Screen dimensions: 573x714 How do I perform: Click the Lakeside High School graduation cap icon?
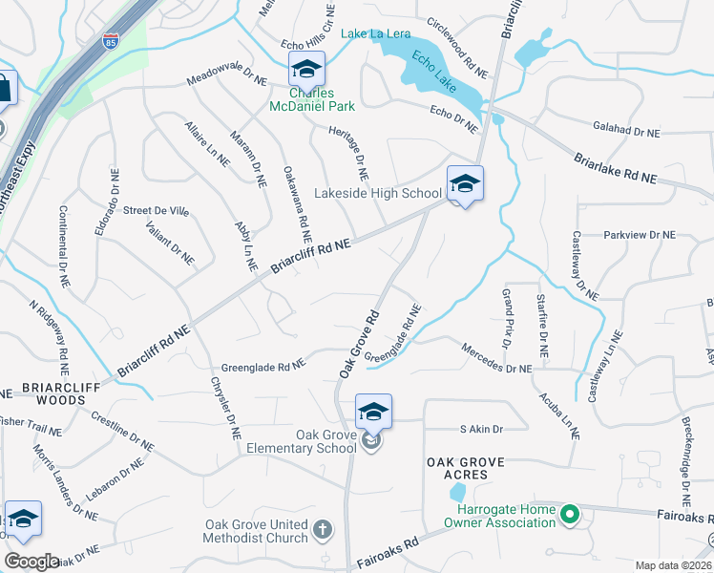[x=465, y=183]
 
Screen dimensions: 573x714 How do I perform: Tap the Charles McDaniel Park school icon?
[x=306, y=69]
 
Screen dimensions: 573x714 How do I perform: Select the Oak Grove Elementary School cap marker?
[x=372, y=413]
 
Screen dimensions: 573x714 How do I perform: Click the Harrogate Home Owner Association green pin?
[x=571, y=516]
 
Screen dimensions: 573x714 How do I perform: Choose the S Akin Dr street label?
[x=481, y=430]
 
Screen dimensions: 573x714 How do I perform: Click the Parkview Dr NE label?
[x=639, y=234]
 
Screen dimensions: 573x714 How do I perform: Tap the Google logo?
[x=31, y=562]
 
